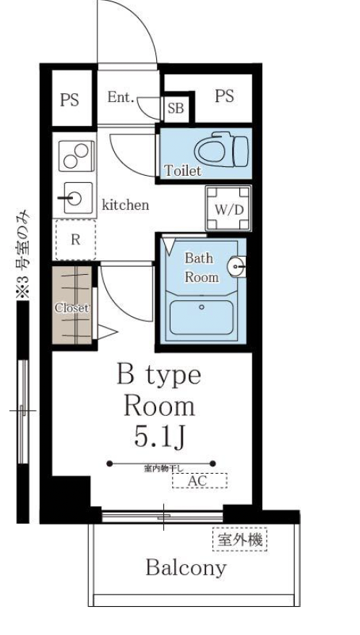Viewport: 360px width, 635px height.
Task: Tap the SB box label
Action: tap(176, 108)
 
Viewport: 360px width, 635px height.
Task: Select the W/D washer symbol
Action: tap(228, 208)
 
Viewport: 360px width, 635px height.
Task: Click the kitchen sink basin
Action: tap(75, 198)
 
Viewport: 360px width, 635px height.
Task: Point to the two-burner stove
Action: tap(77, 156)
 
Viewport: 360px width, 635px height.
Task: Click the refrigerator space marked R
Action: tap(76, 239)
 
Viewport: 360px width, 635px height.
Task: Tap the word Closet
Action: tap(72, 307)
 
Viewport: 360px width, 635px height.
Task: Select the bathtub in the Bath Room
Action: tap(201, 317)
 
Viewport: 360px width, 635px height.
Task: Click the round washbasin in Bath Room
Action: tap(237, 266)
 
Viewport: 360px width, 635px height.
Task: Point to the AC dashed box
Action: tap(200, 481)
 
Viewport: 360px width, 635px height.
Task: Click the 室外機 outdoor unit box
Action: tap(240, 540)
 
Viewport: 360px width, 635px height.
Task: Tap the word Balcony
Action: tap(186, 568)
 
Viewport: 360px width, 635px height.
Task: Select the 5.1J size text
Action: tap(160, 437)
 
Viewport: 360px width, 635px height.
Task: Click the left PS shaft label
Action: tap(69, 100)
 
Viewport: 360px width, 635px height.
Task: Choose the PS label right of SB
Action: tap(224, 96)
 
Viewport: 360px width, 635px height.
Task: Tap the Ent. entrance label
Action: tap(121, 97)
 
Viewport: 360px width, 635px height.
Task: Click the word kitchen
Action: tap(125, 205)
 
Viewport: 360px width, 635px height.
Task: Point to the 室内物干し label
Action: tap(164, 469)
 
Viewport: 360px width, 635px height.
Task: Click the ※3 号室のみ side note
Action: tap(22, 255)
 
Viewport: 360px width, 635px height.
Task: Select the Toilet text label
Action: tap(183, 171)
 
